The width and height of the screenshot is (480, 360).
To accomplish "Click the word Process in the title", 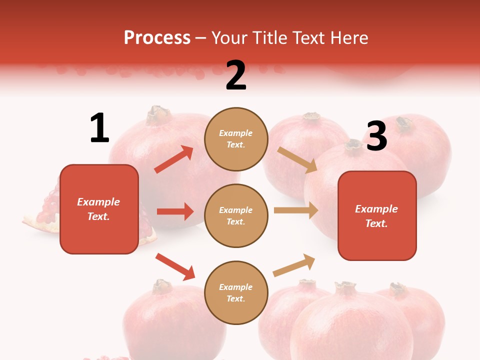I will [x=157, y=37].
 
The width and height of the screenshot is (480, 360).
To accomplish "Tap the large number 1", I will [x=99, y=128].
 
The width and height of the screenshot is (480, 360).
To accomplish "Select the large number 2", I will [x=235, y=75].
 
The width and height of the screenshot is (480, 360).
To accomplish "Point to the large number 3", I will [x=376, y=136].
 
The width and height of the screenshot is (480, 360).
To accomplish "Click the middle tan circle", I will [x=236, y=215].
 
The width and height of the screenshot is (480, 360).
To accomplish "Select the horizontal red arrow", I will [x=175, y=211].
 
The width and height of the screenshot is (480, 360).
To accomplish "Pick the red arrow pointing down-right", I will [x=175, y=266].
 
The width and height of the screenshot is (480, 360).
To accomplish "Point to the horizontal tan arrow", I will [x=295, y=210].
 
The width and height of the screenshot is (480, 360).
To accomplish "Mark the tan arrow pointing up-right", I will [x=294, y=265].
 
